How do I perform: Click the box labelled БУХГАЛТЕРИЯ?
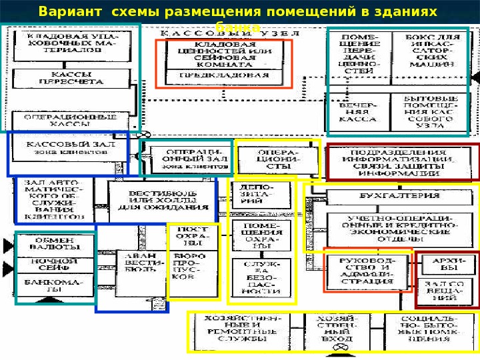390,197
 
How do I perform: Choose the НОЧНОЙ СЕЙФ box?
56,265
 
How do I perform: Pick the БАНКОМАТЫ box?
56,287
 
